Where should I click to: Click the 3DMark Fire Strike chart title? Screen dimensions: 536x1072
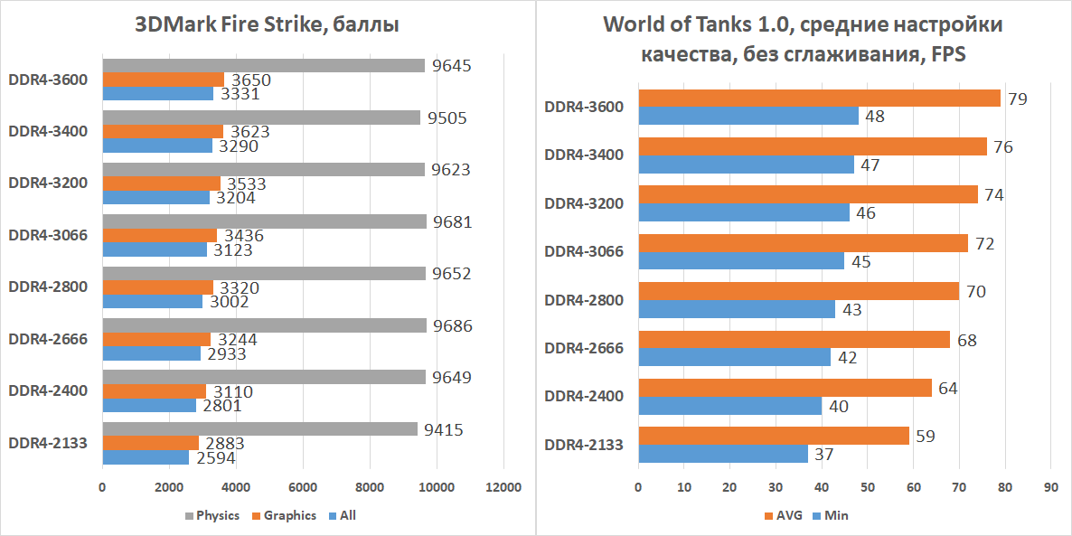tap(267, 24)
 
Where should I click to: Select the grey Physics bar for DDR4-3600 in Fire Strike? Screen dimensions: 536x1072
tap(263, 65)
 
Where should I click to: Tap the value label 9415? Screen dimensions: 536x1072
tap(444, 430)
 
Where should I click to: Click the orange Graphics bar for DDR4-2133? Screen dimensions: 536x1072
tap(150, 443)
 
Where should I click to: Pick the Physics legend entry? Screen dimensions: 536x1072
tap(212, 516)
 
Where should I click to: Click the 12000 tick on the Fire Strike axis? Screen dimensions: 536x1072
tap(503, 488)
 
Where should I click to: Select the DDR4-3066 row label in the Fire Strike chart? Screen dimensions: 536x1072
tap(48, 235)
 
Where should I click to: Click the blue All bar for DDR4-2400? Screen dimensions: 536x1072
tap(149, 406)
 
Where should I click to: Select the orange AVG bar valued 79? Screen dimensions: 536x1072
tap(819, 99)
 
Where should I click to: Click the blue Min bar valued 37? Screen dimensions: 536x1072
tap(722, 454)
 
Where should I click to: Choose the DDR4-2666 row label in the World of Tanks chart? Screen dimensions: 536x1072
tap(584, 348)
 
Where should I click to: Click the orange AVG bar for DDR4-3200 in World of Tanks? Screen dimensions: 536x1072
tap(808, 195)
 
